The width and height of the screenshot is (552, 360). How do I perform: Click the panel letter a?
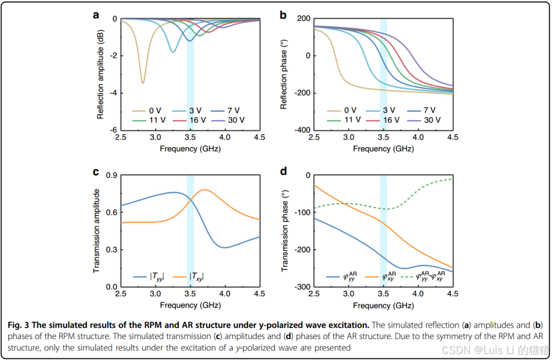tap(96, 15)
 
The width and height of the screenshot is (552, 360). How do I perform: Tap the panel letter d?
tap(283, 172)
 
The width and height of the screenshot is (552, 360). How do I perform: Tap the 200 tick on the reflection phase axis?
tap(304, 19)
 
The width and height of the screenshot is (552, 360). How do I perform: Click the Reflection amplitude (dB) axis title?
tap(100, 74)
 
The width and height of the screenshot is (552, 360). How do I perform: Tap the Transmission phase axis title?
tap(285, 231)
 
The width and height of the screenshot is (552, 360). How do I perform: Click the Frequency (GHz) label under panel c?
tap(190, 305)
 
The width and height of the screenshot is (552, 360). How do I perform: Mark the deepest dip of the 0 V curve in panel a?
tap(143, 83)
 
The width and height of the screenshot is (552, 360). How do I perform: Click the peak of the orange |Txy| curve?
tap(205, 189)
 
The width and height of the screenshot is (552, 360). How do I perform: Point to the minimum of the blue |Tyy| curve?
tap(225, 247)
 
